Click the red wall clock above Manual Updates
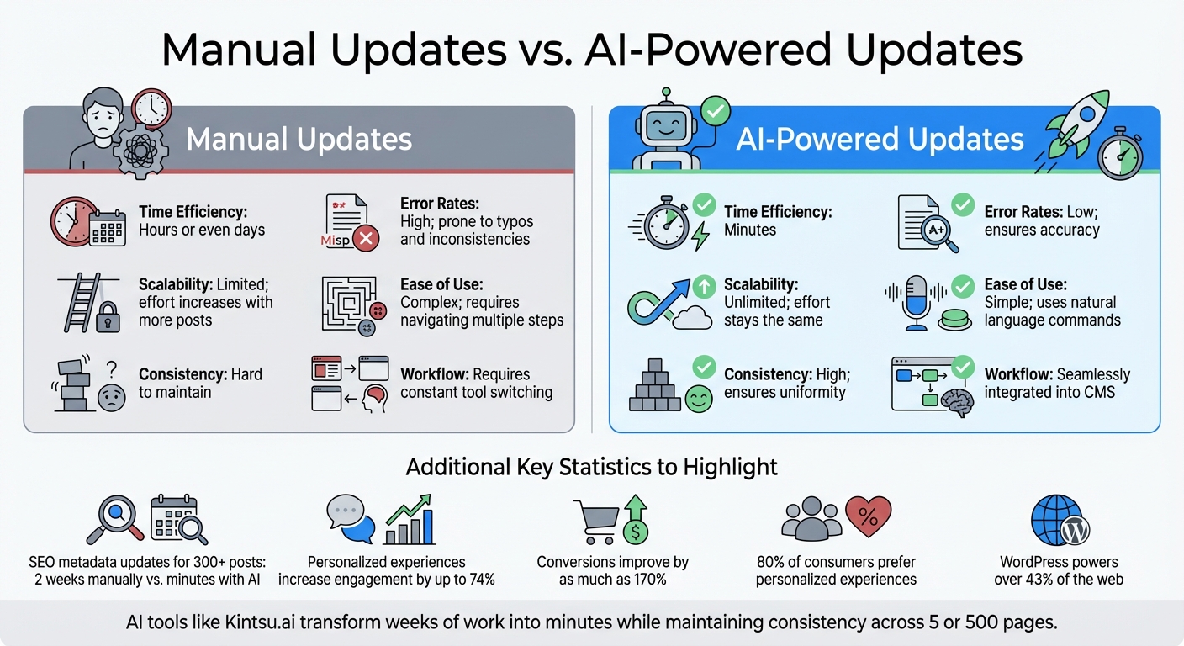[x=151, y=108]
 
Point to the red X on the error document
[x=365, y=239]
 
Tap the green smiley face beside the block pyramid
[x=698, y=398]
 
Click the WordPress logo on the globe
[x=1075, y=531]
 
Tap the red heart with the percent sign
[x=867, y=517]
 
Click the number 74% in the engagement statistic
[x=480, y=579]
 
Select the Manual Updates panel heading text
[x=299, y=139]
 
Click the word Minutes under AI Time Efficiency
[x=750, y=230]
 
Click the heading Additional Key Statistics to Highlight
[x=591, y=467]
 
